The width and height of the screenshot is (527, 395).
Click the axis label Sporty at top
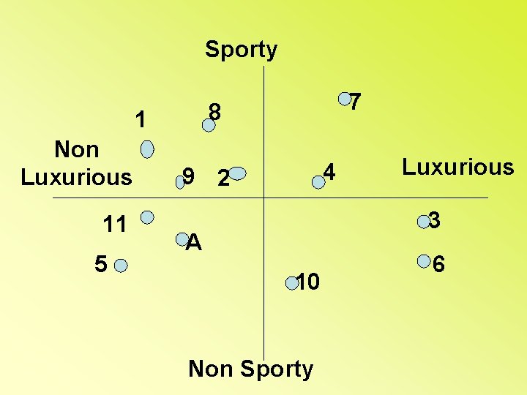pos(241,50)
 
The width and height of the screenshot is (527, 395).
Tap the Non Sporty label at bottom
pos(250,369)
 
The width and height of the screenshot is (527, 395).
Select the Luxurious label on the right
pos(457,168)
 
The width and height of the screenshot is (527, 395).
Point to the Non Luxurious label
pos(76,163)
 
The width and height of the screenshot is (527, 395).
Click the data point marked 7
pos(343,98)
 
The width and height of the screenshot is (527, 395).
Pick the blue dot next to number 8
pos(209,125)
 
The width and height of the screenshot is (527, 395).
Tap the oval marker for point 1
pos(147,150)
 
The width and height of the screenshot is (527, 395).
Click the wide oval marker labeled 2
pos(237,174)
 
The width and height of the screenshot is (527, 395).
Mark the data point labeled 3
pos(422,219)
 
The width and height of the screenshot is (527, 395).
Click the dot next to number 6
pos(423,260)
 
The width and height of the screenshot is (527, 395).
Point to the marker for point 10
pos(291,281)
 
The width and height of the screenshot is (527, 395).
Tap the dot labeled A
pos(182,237)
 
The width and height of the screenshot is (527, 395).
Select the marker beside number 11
pos(147,217)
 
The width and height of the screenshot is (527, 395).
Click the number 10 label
pos(308,282)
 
